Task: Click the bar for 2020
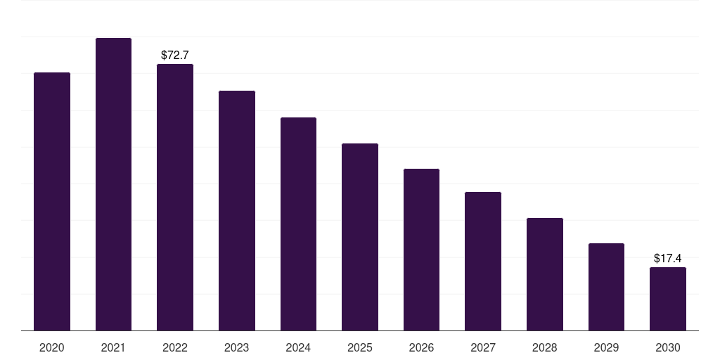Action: click(x=52, y=201)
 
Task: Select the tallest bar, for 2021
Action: click(x=113, y=184)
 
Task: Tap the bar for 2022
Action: click(x=175, y=197)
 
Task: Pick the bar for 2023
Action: click(x=237, y=210)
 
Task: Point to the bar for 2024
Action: click(x=298, y=224)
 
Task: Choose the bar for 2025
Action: click(x=360, y=237)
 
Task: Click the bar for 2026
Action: click(x=421, y=250)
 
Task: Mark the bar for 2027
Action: click(x=483, y=261)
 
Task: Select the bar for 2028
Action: click(x=545, y=274)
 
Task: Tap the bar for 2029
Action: click(x=606, y=287)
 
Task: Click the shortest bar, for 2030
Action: click(x=668, y=299)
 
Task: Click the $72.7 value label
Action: click(x=175, y=55)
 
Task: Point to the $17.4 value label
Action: click(x=668, y=258)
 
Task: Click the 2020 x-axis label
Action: click(x=52, y=347)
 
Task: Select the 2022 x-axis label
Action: click(x=175, y=347)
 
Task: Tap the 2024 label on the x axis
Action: click(x=298, y=347)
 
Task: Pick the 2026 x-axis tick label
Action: click(x=421, y=347)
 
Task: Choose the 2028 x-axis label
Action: click(x=545, y=347)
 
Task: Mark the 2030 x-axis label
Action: click(x=668, y=347)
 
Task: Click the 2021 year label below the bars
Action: click(x=113, y=347)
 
